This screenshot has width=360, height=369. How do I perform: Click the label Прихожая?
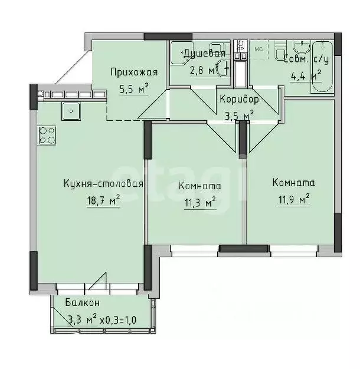point(135,73)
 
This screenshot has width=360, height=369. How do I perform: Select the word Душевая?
point(204,54)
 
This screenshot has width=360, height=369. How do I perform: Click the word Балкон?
point(82,303)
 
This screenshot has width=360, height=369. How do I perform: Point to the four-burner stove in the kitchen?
point(47,135)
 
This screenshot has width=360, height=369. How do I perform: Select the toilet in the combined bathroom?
point(280,52)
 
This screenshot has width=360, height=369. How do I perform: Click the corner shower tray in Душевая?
point(178,55)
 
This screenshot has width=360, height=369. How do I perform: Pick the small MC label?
point(258,50)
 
